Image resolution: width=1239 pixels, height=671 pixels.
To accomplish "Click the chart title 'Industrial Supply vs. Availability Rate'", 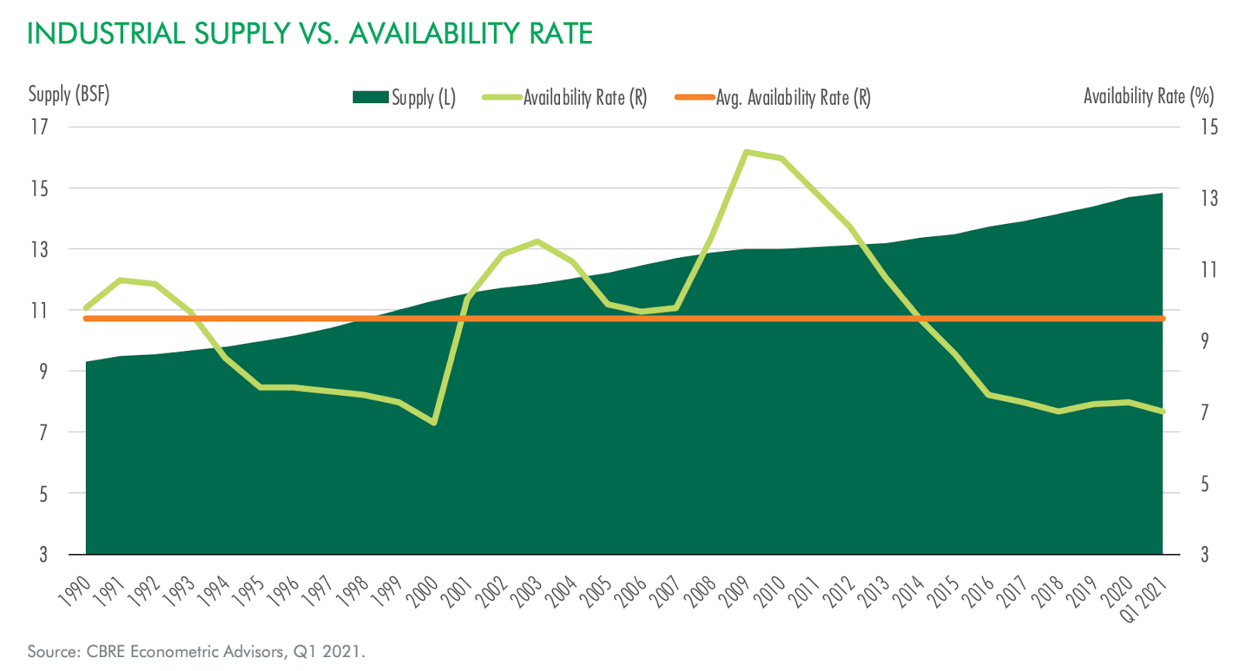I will click(310, 34).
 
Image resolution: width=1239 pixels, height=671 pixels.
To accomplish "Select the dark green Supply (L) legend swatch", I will click(370, 97).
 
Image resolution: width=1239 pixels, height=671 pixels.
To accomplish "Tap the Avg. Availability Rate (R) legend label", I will click(793, 98).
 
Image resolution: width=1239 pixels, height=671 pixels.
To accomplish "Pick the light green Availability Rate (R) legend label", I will click(585, 98).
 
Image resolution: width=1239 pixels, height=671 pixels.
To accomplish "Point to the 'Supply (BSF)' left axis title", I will click(69, 95).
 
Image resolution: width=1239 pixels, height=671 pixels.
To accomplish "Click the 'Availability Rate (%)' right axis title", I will click(1148, 96).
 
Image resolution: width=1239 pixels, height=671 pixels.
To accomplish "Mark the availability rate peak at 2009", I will click(746, 152).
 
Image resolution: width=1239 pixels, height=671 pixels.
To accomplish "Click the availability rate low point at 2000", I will click(434, 422).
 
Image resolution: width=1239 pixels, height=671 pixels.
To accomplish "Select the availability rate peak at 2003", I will click(537, 241).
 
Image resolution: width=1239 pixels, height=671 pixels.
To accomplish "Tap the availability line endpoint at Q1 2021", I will click(1162, 411).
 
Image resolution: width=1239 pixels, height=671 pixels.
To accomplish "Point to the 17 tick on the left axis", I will click(39, 126).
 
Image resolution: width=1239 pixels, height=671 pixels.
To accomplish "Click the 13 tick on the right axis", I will click(1209, 198).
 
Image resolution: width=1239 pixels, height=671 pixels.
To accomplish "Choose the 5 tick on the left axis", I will click(43, 494).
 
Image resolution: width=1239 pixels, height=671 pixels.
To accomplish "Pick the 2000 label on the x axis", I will click(424, 590).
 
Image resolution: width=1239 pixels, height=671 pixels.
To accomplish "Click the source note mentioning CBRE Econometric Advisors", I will click(196, 652).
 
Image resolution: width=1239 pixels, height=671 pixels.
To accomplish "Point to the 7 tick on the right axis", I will click(1204, 412).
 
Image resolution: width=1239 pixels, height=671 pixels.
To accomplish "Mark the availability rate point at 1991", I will click(120, 280).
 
